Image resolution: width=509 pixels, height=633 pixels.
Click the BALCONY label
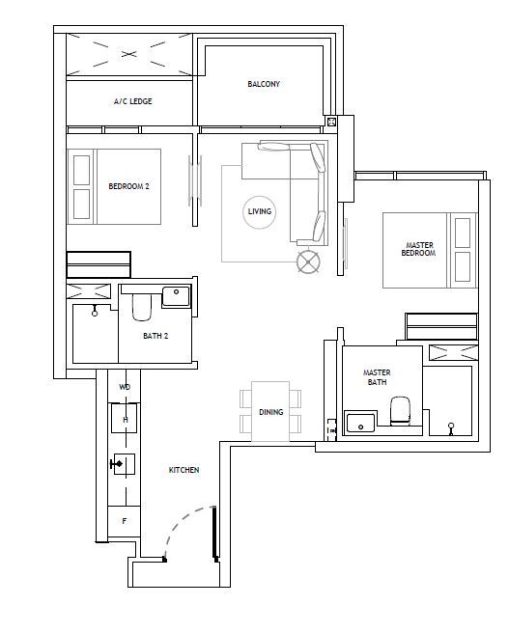[264, 84]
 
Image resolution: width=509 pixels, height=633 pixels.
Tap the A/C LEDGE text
[133, 101]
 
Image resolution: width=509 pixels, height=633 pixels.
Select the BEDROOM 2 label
[128, 186]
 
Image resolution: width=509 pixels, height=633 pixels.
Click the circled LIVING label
[260, 211]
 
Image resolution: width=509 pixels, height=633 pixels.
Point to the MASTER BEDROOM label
[418, 249]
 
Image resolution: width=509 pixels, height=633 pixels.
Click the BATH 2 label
[156, 336]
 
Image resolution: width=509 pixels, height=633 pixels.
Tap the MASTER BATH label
[377, 377]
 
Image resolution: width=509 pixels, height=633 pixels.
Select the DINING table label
[270, 412]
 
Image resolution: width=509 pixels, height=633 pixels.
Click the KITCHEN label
[184, 470]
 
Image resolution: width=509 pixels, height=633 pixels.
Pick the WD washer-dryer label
[125, 387]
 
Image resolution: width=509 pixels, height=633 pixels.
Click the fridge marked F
[124, 521]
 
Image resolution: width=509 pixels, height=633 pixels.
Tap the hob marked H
[125, 418]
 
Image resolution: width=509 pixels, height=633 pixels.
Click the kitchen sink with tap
[124, 464]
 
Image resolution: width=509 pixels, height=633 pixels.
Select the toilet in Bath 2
[142, 307]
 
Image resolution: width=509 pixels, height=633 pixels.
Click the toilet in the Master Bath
[400, 411]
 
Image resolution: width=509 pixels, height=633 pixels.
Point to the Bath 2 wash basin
[176, 296]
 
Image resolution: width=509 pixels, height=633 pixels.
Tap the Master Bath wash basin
[360, 423]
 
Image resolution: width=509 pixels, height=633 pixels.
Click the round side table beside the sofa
[309, 262]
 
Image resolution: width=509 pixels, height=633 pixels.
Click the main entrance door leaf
[214, 533]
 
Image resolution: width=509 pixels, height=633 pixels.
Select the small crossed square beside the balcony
[331, 122]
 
